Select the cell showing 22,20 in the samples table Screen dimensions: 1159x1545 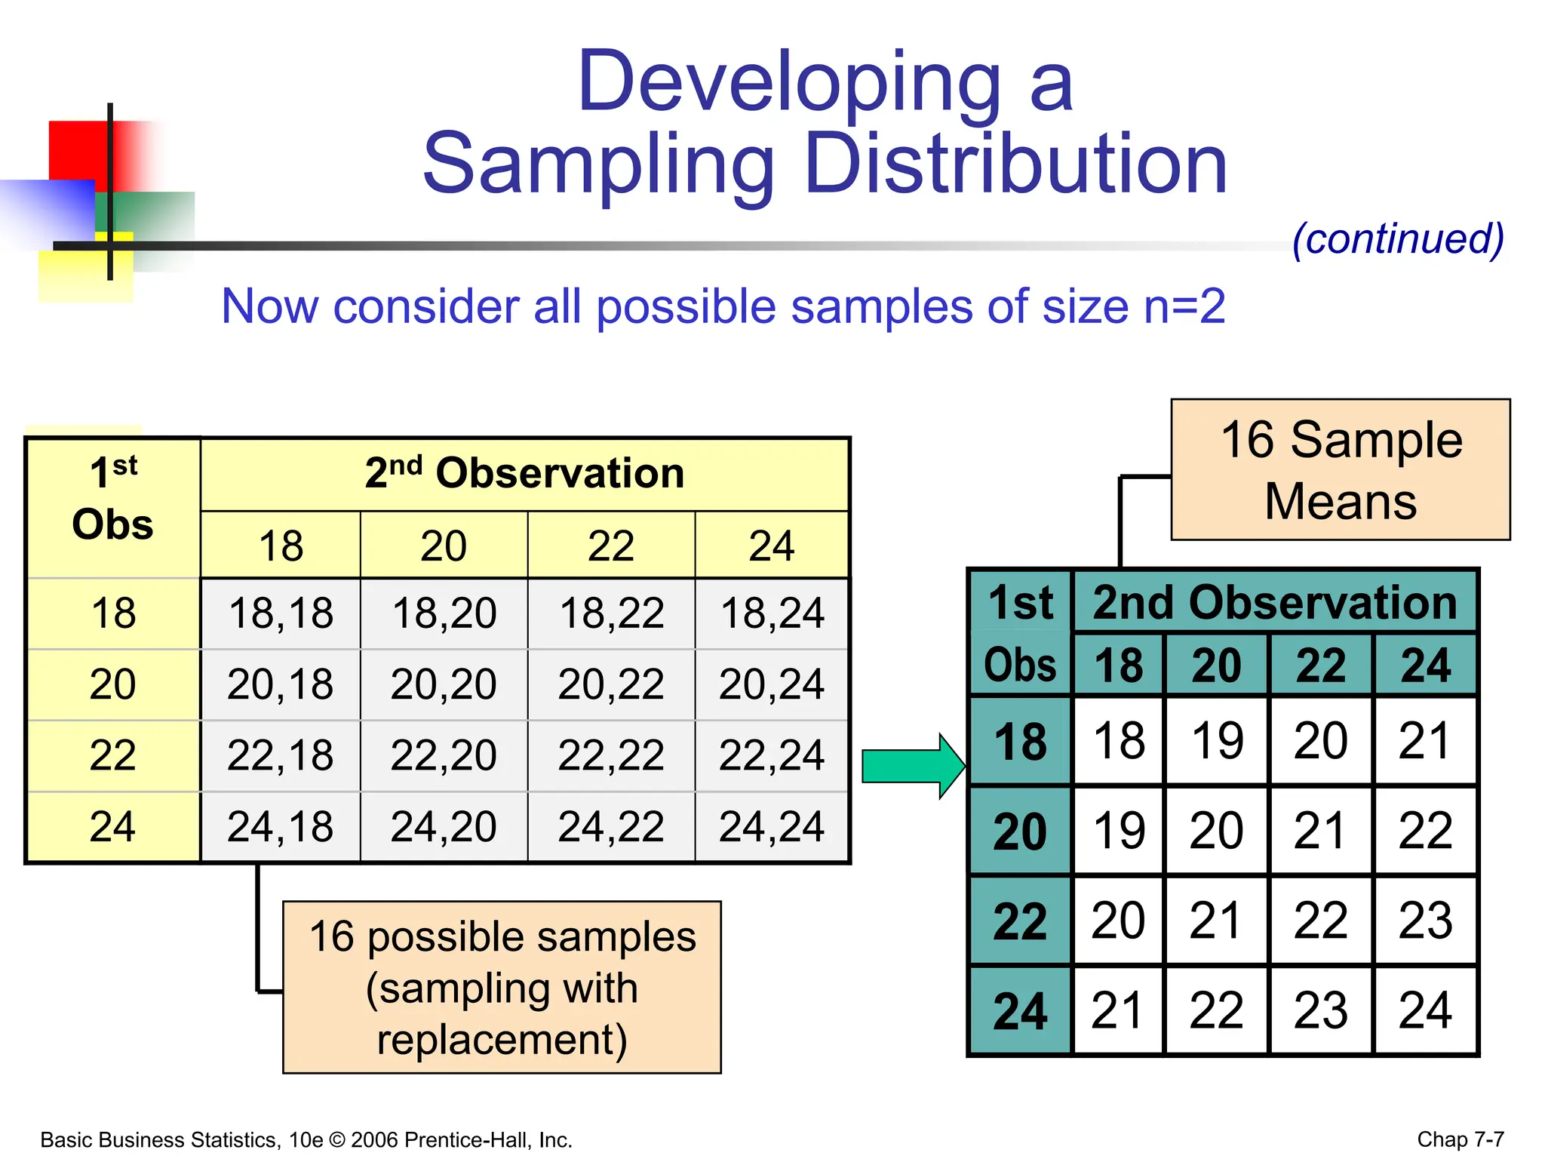[444, 755]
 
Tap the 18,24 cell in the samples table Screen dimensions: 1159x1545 [772, 613]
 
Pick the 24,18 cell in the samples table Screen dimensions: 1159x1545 [280, 826]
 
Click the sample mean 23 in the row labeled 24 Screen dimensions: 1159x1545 [1320, 1010]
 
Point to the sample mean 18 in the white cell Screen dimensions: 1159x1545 [1119, 740]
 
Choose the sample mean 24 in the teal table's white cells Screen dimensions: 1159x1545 [1424, 1010]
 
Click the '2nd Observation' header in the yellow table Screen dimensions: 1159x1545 [524, 473]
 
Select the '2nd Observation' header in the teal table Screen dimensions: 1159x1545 [1275, 602]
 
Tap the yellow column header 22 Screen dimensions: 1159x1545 [610, 546]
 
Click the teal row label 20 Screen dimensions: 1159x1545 [1020, 831]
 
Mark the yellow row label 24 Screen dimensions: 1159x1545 [112, 826]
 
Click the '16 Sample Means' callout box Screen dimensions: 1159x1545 [1341, 470]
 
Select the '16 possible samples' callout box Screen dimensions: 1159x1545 [502, 987]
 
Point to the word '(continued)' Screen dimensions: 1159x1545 [1398, 238]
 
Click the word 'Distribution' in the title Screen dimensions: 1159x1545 [1015, 164]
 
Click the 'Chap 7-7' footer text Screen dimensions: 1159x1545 [1461, 1139]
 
